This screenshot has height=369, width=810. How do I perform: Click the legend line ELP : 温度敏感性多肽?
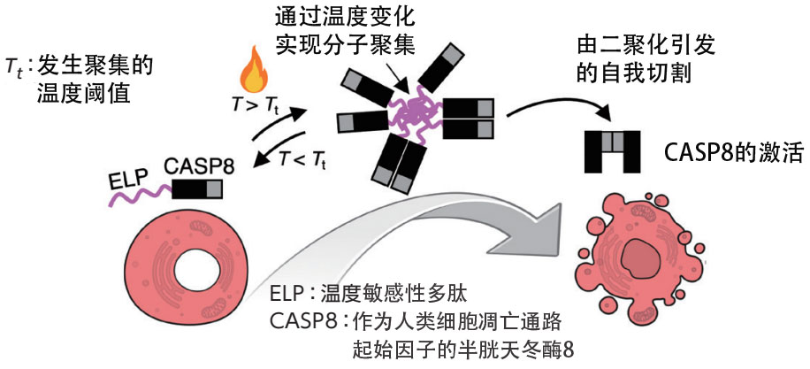[x=368, y=296]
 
